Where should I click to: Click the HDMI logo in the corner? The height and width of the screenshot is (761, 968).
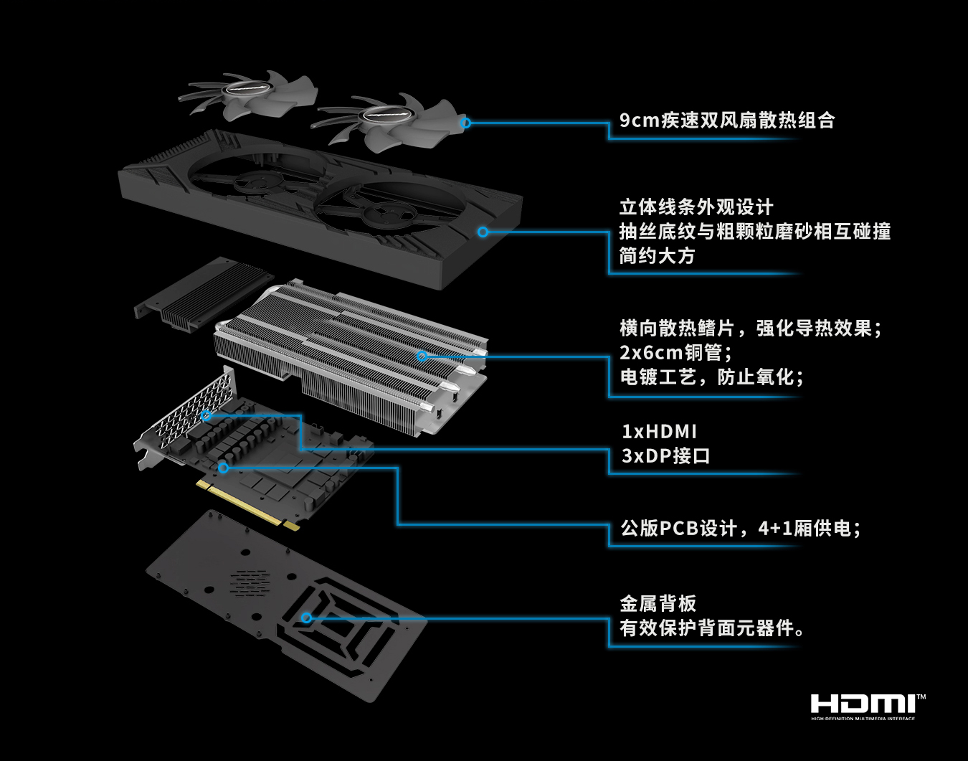tap(868, 705)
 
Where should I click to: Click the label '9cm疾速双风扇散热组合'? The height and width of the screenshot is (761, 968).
tap(727, 120)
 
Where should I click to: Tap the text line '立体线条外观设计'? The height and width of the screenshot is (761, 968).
tap(696, 208)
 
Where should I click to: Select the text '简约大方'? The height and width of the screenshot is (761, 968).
tap(657, 256)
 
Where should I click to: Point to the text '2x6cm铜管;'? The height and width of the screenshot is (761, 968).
tap(676, 353)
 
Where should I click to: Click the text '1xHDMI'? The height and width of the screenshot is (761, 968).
tap(659, 432)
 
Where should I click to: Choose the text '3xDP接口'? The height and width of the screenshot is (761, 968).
tap(665, 456)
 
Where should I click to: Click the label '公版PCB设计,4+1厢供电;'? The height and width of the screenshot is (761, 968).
tap(740, 529)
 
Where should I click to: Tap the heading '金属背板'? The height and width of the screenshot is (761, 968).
tap(658, 604)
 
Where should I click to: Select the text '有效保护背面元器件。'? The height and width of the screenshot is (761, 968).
tap(712, 628)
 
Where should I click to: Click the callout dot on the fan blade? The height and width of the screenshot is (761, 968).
tap(465, 123)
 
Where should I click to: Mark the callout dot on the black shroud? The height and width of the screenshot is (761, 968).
tap(483, 232)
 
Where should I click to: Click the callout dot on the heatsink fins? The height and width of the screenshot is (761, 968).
tap(422, 356)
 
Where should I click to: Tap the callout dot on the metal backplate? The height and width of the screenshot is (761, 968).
tap(306, 618)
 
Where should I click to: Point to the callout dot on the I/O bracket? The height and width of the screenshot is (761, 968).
tap(206, 415)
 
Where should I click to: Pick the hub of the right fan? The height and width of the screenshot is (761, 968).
tap(386, 115)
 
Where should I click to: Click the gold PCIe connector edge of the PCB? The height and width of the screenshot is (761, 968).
tap(247, 505)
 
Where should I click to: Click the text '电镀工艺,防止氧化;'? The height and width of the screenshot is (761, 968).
tap(711, 377)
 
